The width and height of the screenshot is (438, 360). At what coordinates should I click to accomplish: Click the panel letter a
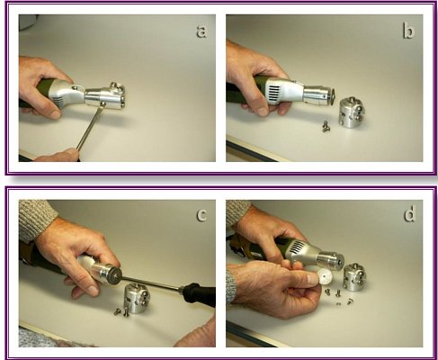click(201, 31)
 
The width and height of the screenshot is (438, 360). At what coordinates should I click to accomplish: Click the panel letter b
click(408, 31)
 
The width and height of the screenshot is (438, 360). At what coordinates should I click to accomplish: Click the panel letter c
click(201, 215)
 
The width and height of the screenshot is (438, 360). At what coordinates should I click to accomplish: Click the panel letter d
click(410, 214)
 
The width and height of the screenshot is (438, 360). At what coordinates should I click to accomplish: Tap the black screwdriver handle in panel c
click(199, 294)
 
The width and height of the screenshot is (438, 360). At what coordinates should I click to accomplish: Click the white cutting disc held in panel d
click(326, 276)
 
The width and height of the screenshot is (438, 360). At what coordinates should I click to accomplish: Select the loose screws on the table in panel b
click(325, 126)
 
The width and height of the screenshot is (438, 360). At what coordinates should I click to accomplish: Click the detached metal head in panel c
click(137, 299)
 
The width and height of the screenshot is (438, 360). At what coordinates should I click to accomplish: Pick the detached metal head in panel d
click(355, 277)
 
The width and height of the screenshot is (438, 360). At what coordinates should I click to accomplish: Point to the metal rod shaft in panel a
click(90, 127)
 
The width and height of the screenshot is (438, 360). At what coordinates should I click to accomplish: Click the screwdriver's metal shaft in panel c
click(150, 283)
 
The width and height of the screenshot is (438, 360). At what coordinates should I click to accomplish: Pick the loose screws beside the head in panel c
click(121, 312)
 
